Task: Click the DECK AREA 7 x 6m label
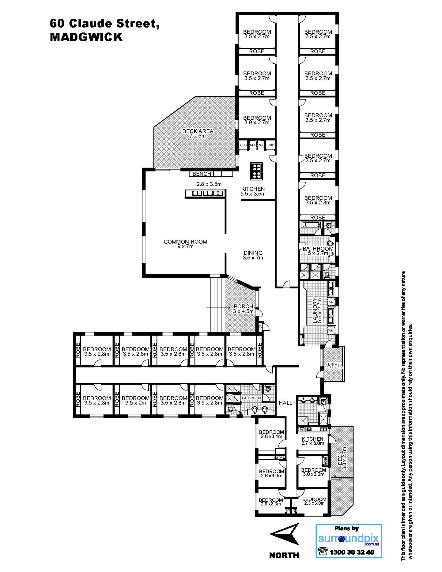(198, 134)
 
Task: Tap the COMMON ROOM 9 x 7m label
(185, 244)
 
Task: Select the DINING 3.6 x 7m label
(253, 255)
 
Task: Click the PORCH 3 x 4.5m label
(243, 309)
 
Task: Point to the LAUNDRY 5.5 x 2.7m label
(317, 311)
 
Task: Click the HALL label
(285, 403)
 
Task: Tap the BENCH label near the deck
(202, 174)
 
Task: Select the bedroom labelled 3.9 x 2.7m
(257, 120)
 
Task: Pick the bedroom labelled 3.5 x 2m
(136, 400)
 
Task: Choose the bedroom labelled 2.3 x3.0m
(314, 501)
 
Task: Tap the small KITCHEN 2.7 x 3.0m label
(312, 441)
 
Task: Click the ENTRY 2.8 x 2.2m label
(334, 366)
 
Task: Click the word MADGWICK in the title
(86, 37)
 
